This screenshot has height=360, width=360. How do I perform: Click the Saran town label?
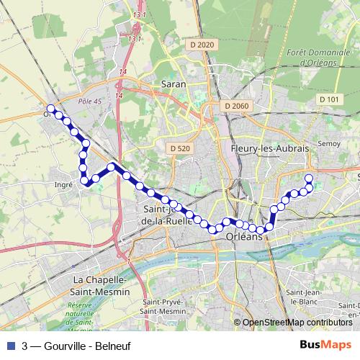[174, 84]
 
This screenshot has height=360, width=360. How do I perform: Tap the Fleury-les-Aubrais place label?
[269, 147]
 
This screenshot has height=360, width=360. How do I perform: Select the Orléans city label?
[244, 236]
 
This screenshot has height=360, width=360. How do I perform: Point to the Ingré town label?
[64, 184]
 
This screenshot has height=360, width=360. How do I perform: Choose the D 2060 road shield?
[235, 106]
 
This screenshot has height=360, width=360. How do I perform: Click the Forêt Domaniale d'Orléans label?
[317, 57]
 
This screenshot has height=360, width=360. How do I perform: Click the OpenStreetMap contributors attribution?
[296, 323]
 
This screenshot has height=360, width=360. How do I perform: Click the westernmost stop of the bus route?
[50, 111]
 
